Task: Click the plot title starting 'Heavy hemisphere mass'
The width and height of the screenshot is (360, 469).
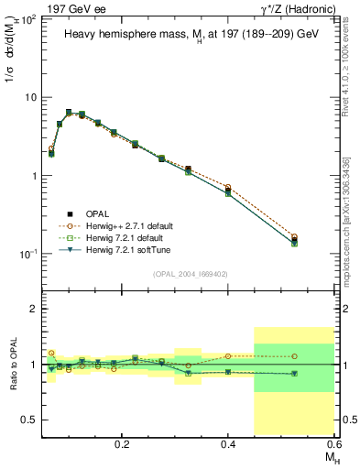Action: click(x=191, y=34)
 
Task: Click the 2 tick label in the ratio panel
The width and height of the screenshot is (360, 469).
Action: click(x=33, y=310)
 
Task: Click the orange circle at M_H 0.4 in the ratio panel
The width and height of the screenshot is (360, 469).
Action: click(x=228, y=356)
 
